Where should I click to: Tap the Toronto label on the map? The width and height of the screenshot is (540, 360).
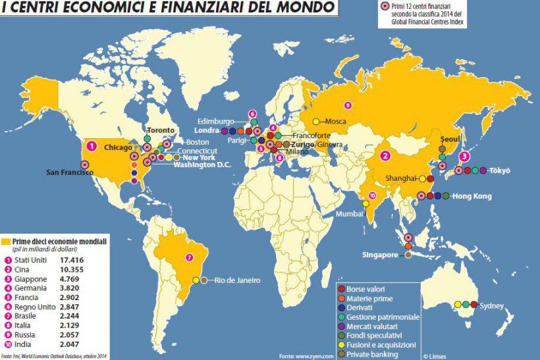tap(161, 130)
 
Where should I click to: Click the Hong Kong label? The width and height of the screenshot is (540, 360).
tap(473, 196)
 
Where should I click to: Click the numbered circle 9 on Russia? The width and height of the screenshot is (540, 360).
tap(348, 105)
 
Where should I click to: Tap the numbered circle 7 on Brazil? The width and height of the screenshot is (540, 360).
tap(190, 257)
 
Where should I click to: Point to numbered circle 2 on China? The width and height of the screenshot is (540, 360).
tap(386, 156)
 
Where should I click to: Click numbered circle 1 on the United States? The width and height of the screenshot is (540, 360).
tap(93, 145)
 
